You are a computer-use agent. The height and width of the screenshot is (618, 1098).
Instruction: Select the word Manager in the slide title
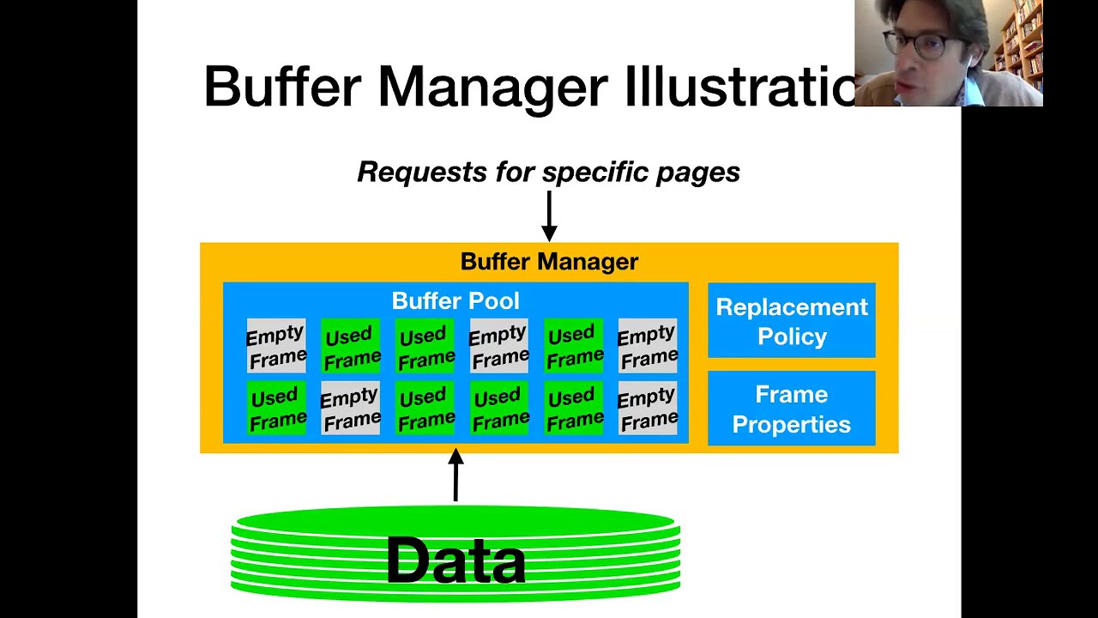[x=492, y=87]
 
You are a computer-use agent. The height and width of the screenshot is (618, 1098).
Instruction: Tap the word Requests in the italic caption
[x=422, y=172]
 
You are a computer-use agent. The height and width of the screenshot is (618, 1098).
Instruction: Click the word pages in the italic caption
[x=697, y=172]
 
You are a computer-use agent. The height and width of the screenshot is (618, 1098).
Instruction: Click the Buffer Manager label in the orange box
[x=549, y=262]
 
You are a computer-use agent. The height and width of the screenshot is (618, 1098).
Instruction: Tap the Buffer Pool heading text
[x=455, y=301]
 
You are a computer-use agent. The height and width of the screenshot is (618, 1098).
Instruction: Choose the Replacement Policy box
[x=791, y=321]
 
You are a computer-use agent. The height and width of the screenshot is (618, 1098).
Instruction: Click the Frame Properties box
[x=791, y=409]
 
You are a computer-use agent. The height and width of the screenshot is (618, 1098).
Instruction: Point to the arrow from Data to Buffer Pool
[x=455, y=476]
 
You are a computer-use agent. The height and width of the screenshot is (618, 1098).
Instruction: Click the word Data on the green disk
[x=455, y=560]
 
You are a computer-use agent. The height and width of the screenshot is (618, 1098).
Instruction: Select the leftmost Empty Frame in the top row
[x=276, y=346]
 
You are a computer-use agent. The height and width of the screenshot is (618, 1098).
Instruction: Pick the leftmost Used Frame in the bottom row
[x=276, y=409]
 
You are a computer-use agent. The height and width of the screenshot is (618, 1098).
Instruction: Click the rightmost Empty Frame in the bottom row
[x=648, y=409]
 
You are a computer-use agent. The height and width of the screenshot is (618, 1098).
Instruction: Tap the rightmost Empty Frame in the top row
[x=648, y=346]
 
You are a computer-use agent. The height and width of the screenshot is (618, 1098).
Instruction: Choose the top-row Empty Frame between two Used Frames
[x=499, y=346]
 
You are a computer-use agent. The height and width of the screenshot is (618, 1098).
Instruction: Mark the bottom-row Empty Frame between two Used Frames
[x=350, y=409]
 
